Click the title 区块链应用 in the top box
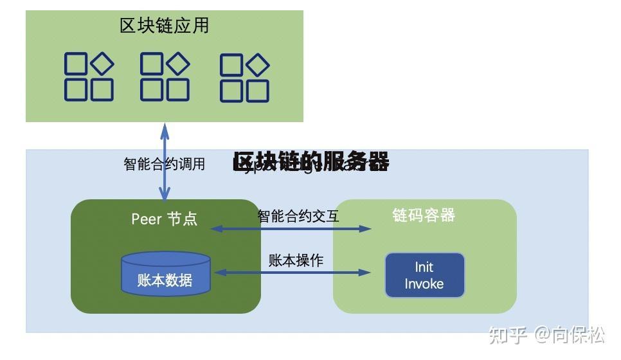pos(165,26)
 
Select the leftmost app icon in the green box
pos(89,77)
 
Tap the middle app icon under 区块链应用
pos(165,77)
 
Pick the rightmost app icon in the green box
pos(244,78)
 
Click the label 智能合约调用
pos(165,164)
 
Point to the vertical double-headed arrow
pos(165,161)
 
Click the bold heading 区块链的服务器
pos(311,162)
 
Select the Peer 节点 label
pos(165,219)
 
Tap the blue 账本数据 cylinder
pos(166,274)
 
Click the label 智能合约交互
pos(298,216)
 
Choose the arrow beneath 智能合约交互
pos(291,228)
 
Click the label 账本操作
pos(296,260)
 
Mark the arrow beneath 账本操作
pos(292,273)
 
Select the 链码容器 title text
pos(424,215)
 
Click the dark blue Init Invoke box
pos(424,275)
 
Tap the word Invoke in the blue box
pos(424,284)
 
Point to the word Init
pos(424,267)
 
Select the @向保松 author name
pos(570,335)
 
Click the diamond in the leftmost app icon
pos(102,63)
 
